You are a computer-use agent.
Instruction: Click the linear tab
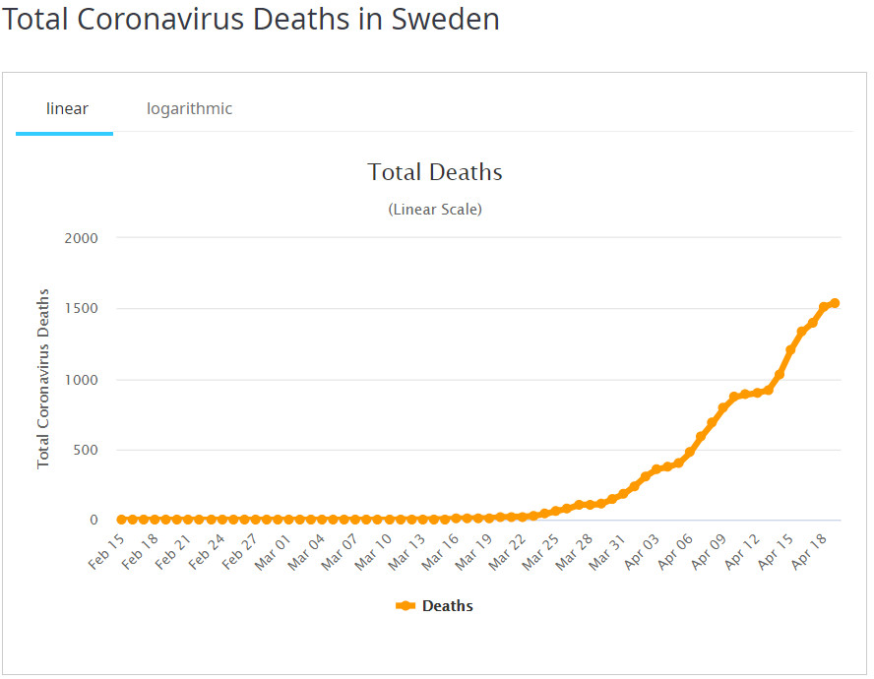(67, 108)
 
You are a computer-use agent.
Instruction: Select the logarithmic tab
(190, 108)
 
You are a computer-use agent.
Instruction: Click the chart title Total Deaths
(435, 172)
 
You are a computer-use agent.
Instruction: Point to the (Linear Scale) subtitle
(435, 210)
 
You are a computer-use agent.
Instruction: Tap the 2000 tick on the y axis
(81, 238)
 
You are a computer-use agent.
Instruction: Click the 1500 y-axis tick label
(81, 309)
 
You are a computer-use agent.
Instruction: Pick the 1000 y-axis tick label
(81, 380)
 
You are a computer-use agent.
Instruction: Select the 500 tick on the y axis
(86, 451)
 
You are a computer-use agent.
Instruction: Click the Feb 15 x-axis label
(106, 551)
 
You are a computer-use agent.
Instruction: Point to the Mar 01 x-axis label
(273, 551)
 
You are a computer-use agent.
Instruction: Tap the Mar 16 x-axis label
(441, 551)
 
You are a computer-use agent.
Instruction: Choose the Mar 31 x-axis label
(608, 551)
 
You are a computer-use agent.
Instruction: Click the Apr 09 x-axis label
(709, 551)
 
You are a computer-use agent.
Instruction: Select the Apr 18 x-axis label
(809, 551)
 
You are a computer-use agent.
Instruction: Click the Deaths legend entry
(435, 606)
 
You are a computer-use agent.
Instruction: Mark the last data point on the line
(835, 303)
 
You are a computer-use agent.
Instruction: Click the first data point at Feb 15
(121, 520)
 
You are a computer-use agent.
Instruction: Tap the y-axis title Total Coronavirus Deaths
(43, 379)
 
